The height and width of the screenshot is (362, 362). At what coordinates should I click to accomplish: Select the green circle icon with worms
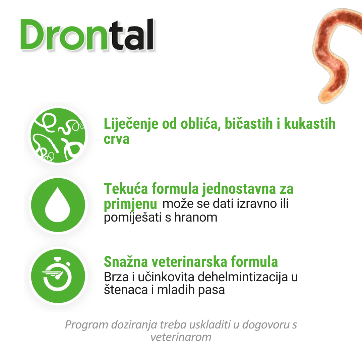[x=58, y=135]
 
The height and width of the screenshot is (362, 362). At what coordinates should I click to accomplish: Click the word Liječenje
[x=131, y=124]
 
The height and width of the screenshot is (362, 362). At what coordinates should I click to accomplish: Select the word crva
[x=117, y=139]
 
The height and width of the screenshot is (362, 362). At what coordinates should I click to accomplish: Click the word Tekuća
[x=126, y=188]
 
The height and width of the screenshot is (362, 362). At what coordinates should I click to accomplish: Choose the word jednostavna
[x=239, y=189]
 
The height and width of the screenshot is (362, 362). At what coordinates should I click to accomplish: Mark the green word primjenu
[x=130, y=204]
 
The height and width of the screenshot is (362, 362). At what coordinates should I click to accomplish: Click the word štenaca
[x=126, y=290]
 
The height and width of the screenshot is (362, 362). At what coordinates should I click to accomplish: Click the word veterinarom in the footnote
[x=181, y=337]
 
